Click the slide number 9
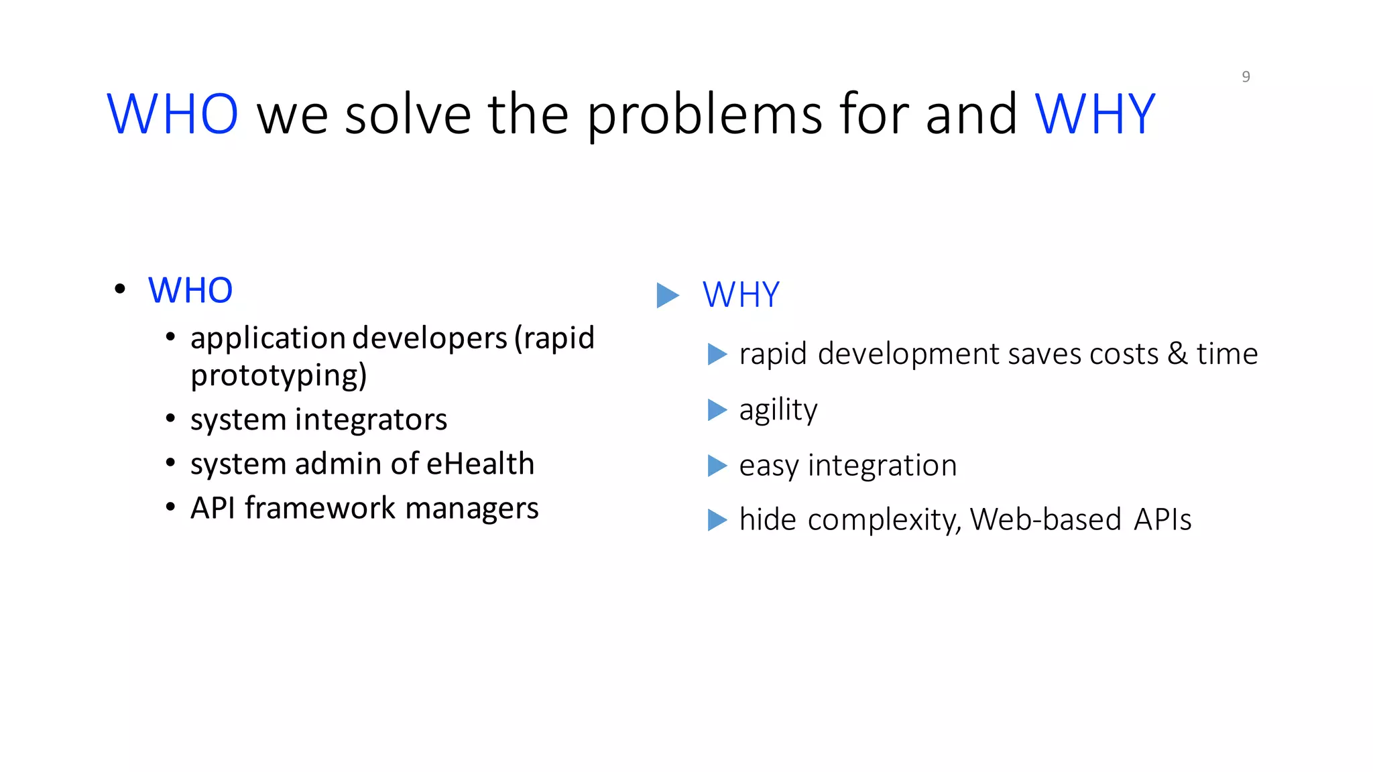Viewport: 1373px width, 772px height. (1246, 77)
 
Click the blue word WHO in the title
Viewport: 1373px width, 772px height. (172, 115)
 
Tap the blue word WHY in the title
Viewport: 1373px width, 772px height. (1095, 115)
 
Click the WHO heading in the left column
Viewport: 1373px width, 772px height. (190, 291)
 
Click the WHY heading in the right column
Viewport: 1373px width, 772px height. (741, 295)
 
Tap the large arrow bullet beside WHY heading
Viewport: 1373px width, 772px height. (667, 296)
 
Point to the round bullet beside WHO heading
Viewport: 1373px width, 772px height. (120, 289)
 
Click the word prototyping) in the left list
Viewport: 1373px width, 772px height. (279, 376)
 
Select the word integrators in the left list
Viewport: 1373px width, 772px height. (371, 420)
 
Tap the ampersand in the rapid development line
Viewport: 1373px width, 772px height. (1177, 354)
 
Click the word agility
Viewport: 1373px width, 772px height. (778, 410)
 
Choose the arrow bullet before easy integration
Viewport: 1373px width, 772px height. (717, 466)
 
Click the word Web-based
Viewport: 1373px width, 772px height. (1045, 519)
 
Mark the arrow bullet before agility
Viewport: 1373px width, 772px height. (717, 409)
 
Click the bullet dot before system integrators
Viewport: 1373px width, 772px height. (170, 420)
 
